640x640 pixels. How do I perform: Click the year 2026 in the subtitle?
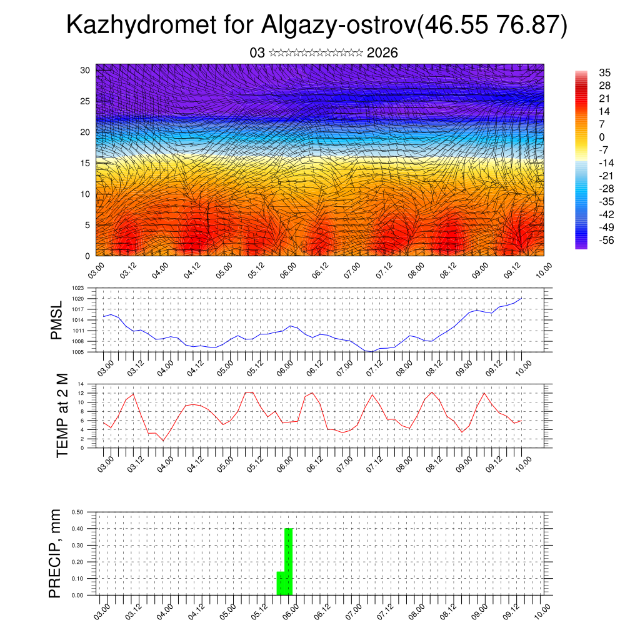pyautogui.click(x=382, y=53)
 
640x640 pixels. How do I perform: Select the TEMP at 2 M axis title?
pyautogui.click(x=62, y=415)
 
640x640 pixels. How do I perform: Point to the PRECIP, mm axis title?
pyautogui.click(x=56, y=553)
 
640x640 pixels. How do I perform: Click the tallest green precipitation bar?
pyautogui.click(x=289, y=561)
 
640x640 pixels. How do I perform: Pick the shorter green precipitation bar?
pyautogui.click(x=281, y=582)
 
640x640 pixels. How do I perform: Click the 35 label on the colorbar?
pyautogui.click(x=605, y=72)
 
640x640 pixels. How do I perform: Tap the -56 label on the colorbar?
pyautogui.click(x=606, y=239)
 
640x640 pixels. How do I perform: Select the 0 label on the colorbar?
pyautogui.click(x=602, y=137)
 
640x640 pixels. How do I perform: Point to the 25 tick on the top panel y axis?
pyautogui.click(x=85, y=101)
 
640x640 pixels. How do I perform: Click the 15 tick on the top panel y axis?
pyautogui.click(x=85, y=163)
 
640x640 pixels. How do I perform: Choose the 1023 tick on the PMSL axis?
pyautogui.click(x=77, y=289)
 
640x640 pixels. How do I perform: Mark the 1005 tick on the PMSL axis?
pyautogui.click(x=77, y=352)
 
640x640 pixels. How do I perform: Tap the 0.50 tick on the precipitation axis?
pyautogui.click(x=78, y=512)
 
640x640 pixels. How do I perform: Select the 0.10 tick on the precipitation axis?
pyautogui.click(x=78, y=579)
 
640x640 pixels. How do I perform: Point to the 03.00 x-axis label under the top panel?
pyautogui.click(x=96, y=271)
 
